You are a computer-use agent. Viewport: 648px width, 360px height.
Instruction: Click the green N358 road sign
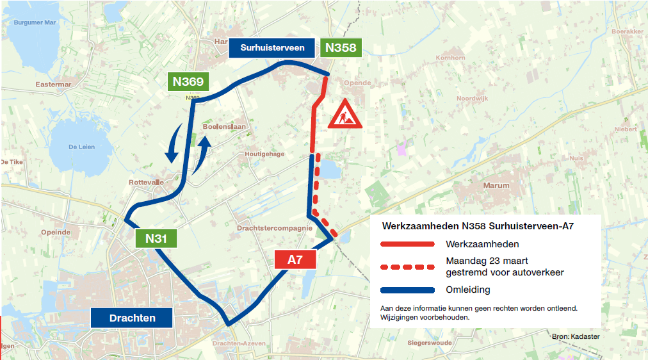339,47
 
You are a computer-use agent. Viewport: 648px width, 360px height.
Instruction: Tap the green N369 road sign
188,81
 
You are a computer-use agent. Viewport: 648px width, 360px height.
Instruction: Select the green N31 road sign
156,238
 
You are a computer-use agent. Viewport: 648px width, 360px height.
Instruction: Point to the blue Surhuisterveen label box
272,47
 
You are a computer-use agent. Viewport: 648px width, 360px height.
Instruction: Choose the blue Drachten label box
132,318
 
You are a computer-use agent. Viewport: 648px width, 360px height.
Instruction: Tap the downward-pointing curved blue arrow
172,145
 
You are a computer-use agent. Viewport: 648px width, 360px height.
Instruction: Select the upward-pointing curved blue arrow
204,152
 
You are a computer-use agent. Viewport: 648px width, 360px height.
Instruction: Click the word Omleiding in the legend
468,290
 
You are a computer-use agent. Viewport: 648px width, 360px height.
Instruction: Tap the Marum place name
496,186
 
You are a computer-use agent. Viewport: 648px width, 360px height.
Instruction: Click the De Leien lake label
81,147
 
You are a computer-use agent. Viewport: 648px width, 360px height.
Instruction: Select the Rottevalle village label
146,182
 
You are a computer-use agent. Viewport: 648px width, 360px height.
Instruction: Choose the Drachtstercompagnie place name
274,227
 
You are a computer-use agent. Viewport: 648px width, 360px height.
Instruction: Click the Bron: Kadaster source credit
576,336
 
